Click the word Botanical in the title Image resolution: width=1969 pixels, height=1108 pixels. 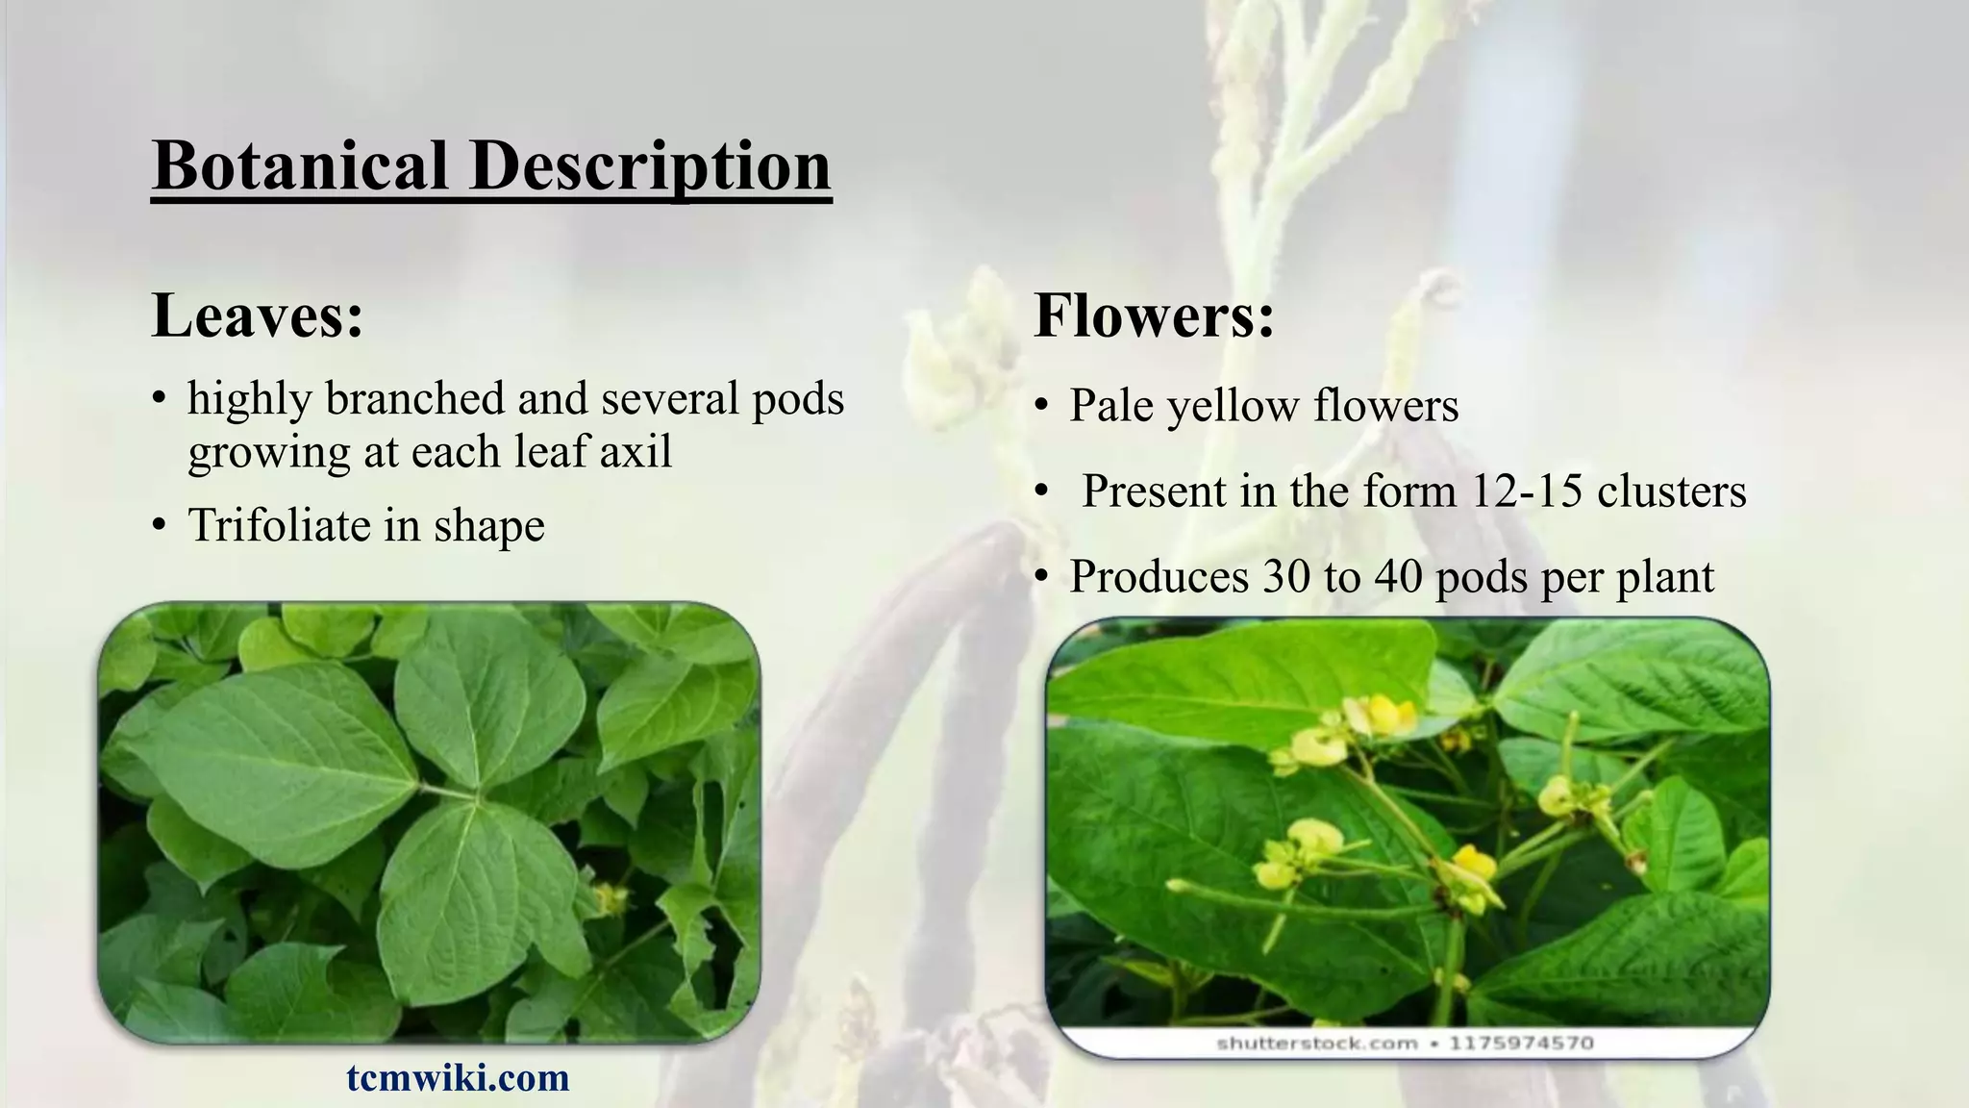point(300,165)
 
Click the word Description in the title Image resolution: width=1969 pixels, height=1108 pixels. point(650,165)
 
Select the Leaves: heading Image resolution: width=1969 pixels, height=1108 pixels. point(258,315)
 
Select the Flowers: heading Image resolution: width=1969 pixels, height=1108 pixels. point(1154,315)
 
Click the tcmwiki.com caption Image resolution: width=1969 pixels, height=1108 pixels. point(458,1077)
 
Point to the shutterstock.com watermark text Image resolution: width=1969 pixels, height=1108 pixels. point(1316,1043)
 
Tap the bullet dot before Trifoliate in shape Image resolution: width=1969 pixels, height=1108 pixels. point(160,526)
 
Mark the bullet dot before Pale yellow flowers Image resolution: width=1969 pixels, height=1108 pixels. point(1041,406)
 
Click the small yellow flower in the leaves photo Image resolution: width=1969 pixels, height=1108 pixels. point(609,898)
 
